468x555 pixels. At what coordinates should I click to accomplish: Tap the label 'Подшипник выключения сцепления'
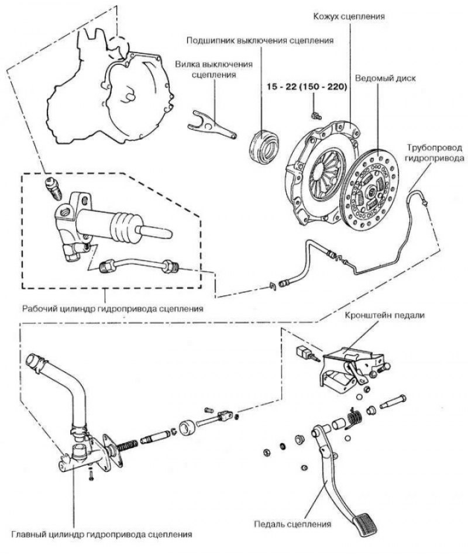click(260, 41)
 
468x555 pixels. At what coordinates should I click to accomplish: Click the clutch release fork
click(212, 125)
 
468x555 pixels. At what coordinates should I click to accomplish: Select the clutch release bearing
click(264, 143)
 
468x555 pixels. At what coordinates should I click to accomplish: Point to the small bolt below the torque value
click(316, 108)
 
